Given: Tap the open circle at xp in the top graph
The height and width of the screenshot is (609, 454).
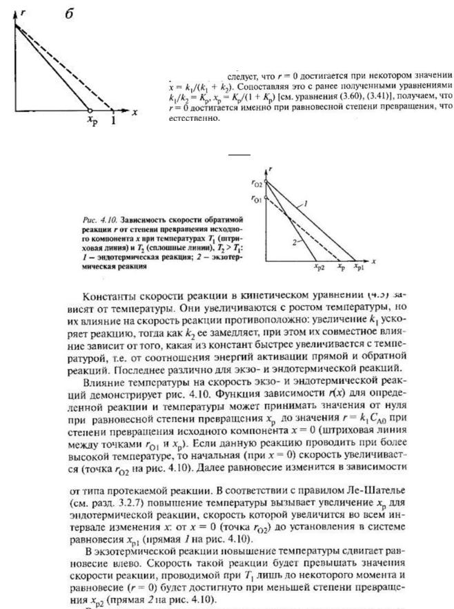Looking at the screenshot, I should click(90, 110).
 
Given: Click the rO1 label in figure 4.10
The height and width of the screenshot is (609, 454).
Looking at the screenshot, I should click(256, 200).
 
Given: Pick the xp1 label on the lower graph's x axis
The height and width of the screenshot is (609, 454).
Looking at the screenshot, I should click(357, 265).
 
